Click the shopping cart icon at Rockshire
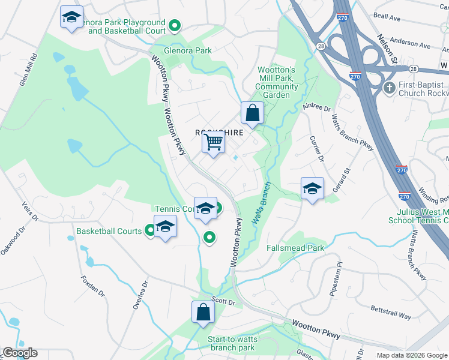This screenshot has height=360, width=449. point(213,143)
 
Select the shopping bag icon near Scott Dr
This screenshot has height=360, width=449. point(203,312)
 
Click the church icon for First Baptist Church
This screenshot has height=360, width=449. point(389,88)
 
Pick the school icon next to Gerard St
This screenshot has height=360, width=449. point(312,188)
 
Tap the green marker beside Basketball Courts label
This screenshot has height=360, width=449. point(150,231)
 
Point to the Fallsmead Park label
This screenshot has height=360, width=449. point(295,247)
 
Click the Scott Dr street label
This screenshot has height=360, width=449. point(223,301)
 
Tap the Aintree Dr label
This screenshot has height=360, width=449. point(316,107)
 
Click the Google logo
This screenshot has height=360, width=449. point(20,353)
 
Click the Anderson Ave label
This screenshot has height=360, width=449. point(411,44)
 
